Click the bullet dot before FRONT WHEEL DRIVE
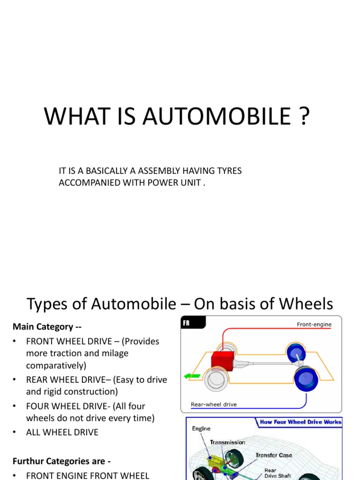click(x=15, y=342)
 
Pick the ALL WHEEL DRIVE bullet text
click(x=62, y=432)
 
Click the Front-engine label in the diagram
click(x=314, y=324)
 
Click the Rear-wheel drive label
click(x=214, y=404)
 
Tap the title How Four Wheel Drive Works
click(x=300, y=422)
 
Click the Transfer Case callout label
click(x=274, y=455)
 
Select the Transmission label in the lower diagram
click(x=227, y=442)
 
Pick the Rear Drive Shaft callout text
click(x=277, y=473)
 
